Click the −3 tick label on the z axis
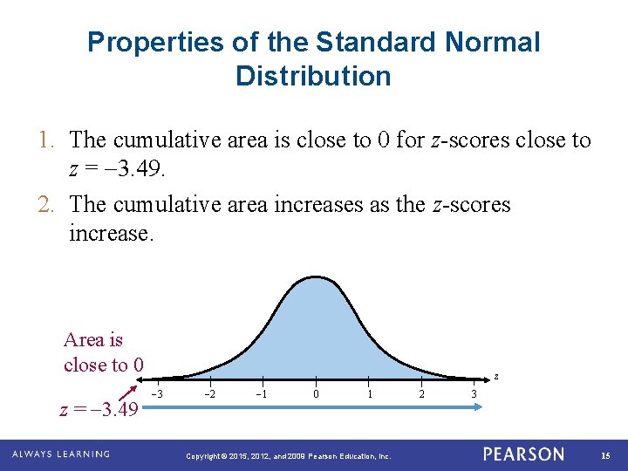coord(158,394)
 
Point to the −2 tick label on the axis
coord(210,394)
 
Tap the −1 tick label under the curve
coord(262,394)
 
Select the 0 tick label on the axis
coord(316,394)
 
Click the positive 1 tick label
coord(368,394)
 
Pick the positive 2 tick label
coord(421,394)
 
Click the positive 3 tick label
coord(474,394)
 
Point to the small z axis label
coord(496,376)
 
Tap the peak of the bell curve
coord(316,278)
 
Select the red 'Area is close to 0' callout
coord(103,352)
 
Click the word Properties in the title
coord(148,42)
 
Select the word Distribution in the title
coord(313,76)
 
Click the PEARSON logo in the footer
coord(523,454)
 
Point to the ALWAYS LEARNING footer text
coord(61,454)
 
